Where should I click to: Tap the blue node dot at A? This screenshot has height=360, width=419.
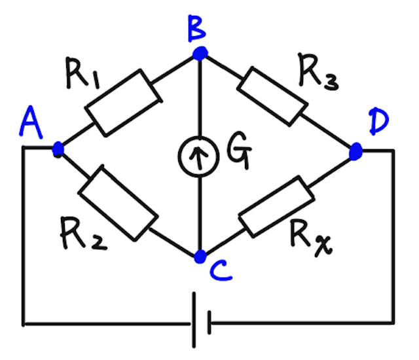coord(58,149)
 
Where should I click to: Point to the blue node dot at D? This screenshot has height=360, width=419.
coord(355,152)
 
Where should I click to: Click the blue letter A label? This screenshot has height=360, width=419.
coord(30,123)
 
